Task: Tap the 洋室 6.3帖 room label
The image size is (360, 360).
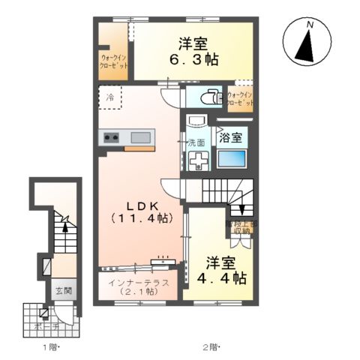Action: click(x=193, y=50)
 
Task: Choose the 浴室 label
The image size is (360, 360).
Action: click(x=230, y=137)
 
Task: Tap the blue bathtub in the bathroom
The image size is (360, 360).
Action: click(x=232, y=159)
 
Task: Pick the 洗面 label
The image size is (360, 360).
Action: click(x=196, y=142)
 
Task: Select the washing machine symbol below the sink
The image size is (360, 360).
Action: click(x=199, y=160)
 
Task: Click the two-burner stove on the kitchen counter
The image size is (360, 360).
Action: click(x=112, y=137)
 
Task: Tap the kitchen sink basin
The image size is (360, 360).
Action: click(x=141, y=137)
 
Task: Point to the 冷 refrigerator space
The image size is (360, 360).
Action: click(x=110, y=97)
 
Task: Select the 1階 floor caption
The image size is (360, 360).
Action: click(x=51, y=346)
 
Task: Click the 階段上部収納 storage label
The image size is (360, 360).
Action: click(x=240, y=226)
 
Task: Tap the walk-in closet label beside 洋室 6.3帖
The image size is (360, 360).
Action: click(x=114, y=60)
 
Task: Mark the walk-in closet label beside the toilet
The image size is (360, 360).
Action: click(x=239, y=98)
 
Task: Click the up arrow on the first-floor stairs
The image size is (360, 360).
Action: click(x=65, y=223)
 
